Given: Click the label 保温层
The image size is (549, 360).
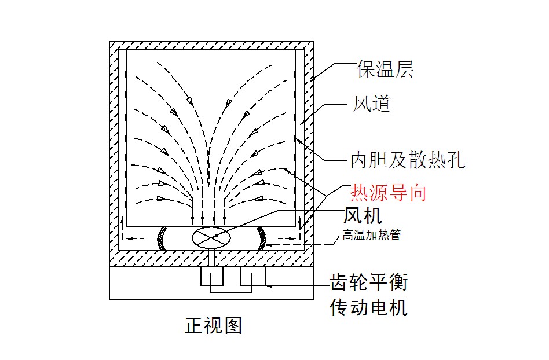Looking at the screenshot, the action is tap(385, 69).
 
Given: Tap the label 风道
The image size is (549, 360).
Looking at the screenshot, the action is tap(371, 104).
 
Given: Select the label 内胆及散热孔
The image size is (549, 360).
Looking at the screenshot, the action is tap(408, 160).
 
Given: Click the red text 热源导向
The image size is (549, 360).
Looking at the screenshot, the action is tap(388, 193).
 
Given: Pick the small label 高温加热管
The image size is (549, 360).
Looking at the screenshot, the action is tap(371, 235).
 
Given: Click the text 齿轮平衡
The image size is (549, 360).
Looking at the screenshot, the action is tap(369, 282).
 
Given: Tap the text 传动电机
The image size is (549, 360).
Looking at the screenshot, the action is tap(369, 307).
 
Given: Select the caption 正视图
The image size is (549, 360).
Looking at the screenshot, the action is tap(214, 325).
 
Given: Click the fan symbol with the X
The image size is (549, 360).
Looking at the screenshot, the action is tap(211, 238).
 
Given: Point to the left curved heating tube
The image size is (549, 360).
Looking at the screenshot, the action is tap(162, 238).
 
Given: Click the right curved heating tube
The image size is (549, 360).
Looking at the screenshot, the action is tap(262, 238).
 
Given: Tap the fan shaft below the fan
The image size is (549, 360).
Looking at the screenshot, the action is tap(211, 258).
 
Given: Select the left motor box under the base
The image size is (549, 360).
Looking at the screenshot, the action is tap(212, 277).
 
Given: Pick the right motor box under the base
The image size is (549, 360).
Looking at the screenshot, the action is tap(253, 277).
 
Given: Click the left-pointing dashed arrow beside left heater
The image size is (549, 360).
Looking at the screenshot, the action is tap(135, 238).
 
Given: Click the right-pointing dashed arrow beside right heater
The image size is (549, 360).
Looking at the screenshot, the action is tap(287, 238).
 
